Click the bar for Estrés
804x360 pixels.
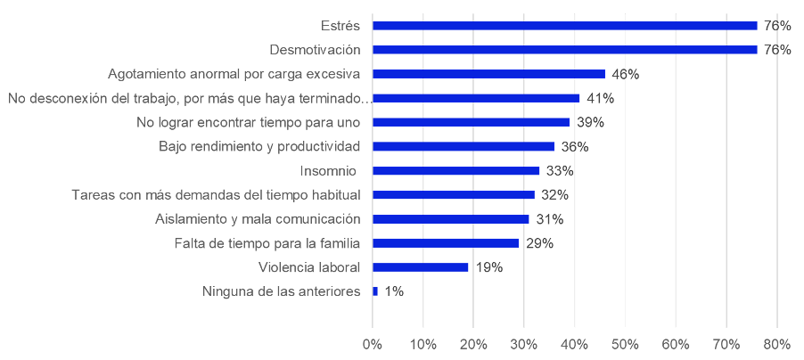564,26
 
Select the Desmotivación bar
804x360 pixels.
564,50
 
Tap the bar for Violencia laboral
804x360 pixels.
421,267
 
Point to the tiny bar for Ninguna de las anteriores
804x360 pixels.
375,291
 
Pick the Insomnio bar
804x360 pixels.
455,171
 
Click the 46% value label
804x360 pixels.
625,74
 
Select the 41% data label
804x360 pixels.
600,98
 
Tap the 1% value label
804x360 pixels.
394,291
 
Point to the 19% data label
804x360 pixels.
488,267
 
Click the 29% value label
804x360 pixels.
539,243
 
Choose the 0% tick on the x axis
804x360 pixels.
373,345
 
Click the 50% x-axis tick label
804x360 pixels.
625,345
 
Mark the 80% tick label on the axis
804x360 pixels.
777,345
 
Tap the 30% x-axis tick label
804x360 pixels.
524,345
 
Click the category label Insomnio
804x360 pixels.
328,171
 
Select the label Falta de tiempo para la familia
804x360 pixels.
267,243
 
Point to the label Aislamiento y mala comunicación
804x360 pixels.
258,219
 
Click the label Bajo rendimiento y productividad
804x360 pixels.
259,147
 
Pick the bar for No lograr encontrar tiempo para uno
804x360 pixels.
472,122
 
